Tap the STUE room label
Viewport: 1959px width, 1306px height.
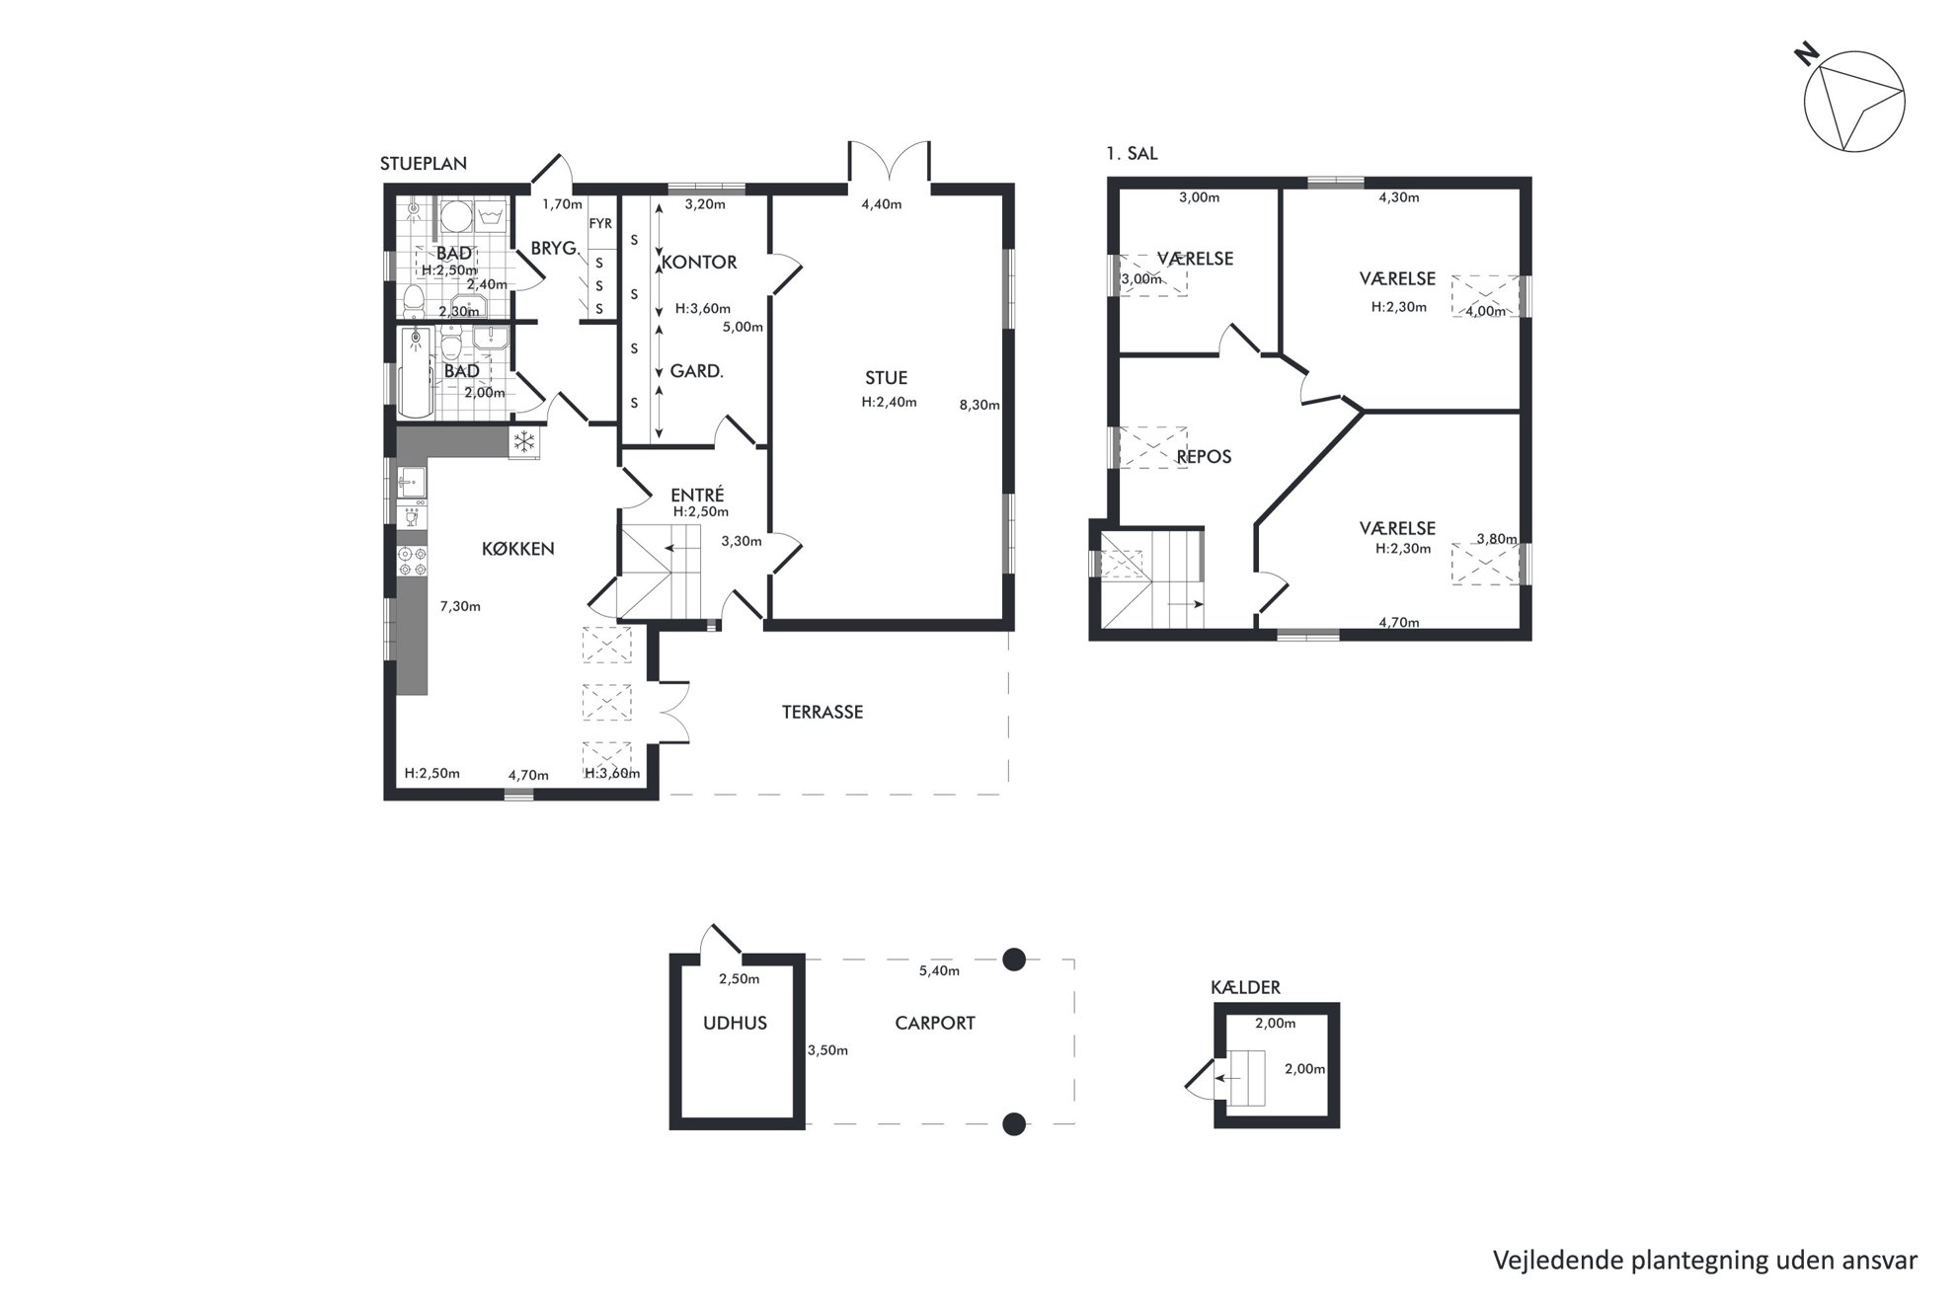click(x=886, y=378)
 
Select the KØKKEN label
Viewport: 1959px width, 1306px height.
click(x=518, y=549)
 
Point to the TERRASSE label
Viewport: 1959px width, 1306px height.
click(x=823, y=712)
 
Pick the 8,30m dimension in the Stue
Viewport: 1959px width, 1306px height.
click(x=979, y=405)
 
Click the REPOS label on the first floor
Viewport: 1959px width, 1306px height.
click(x=1204, y=457)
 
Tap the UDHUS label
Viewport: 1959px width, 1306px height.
click(x=735, y=1024)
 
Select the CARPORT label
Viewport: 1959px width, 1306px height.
click(x=935, y=1024)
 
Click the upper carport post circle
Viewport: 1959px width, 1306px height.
click(x=1014, y=960)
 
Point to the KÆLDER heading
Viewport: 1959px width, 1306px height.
click(x=1245, y=988)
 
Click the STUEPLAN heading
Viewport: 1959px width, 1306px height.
click(x=424, y=164)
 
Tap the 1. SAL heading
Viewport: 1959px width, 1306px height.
click(x=1133, y=154)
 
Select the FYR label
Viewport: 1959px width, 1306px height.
click(x=600, y=224)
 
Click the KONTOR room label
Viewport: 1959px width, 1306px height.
click(x=699, y=263)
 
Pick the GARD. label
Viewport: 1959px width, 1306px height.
click(x=697, y=372)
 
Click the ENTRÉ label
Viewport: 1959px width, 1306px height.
click(x=697, y=496)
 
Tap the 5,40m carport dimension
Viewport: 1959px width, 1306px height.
click(x=939, y=971)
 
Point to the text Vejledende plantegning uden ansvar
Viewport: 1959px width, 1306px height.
click(x=1705, y=1261)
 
